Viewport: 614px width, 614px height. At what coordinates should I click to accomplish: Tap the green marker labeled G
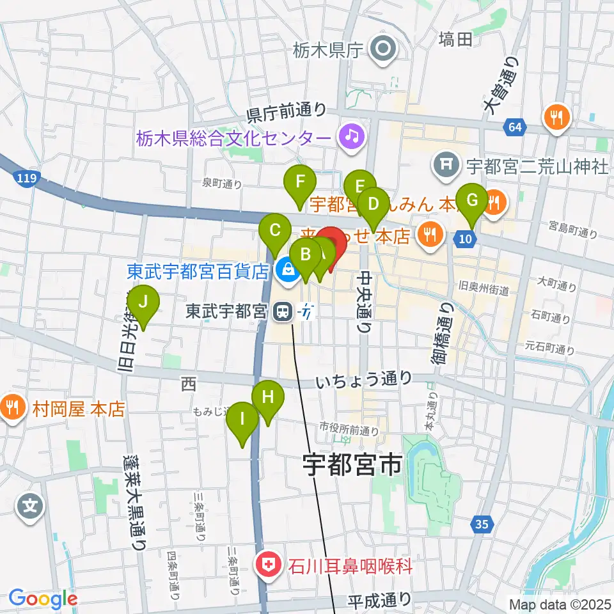pyautogui.click(x=472, y=200)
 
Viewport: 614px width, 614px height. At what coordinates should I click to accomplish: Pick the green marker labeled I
pyautogui.click(x=243, y=420)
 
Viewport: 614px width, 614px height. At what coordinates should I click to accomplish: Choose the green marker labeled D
pyautogui.click(x=373, y=205)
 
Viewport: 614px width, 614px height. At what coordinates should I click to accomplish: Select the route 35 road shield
pyautogui.click(x=482, y=525)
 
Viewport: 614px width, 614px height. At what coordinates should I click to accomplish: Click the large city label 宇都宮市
pyautogui.click(x=352, y=464)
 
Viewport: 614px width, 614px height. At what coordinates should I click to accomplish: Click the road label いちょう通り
pyautogui.click(x=364, y=381)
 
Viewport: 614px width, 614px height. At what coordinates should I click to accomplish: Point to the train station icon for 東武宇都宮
pyautogui.click(x=280, y=311)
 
